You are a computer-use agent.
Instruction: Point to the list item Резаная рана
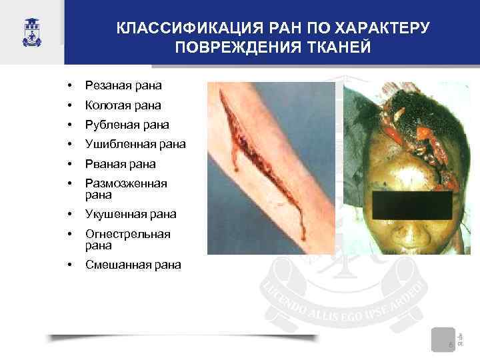[x=123, y=85]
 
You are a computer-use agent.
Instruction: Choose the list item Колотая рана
[x=123, y=105]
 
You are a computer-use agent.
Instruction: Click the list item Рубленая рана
[x=127, y=125]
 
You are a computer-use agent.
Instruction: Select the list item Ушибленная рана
[x=135, y=144]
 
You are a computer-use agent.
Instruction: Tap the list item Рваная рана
[x=121, y=163]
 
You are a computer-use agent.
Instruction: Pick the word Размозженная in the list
[x=126, y=183]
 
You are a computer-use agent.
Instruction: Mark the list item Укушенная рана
[x=131, y=215]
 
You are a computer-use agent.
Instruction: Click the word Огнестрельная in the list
[x=128, y=234]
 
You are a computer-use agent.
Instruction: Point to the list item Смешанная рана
[x=133, y=265]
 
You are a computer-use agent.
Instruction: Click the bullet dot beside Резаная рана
[x=69, y=86]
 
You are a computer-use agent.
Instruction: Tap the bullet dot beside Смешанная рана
[x=69, y=265]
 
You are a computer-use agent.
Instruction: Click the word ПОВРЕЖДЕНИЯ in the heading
[x=229, y=47]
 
